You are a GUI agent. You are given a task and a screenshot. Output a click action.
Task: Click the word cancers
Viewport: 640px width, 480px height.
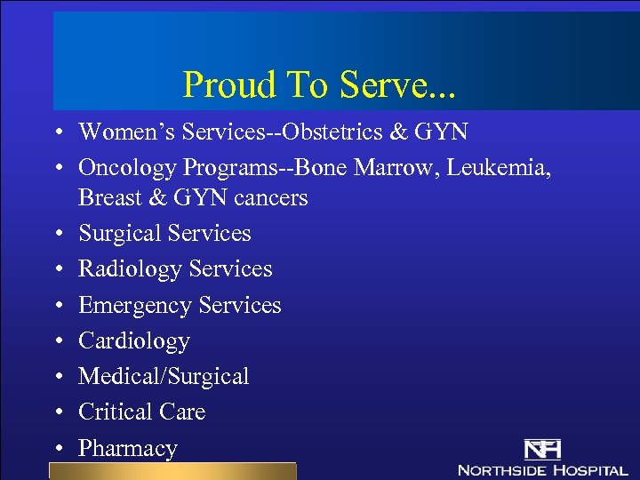tap(270, 197)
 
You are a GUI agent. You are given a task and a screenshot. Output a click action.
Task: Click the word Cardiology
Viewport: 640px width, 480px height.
tap(134, 340)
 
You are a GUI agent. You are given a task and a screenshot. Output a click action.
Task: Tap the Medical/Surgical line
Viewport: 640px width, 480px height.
tap(164, 377)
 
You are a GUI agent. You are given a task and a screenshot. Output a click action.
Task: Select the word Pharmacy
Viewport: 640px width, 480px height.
tap(128, 448)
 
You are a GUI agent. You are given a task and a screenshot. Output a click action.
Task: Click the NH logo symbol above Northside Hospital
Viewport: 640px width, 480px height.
tap(541, 449)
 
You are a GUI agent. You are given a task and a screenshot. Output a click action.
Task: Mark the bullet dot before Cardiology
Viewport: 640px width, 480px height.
tap(56, 341)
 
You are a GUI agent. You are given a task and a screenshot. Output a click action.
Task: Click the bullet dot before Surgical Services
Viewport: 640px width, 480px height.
tap(56, 234)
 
